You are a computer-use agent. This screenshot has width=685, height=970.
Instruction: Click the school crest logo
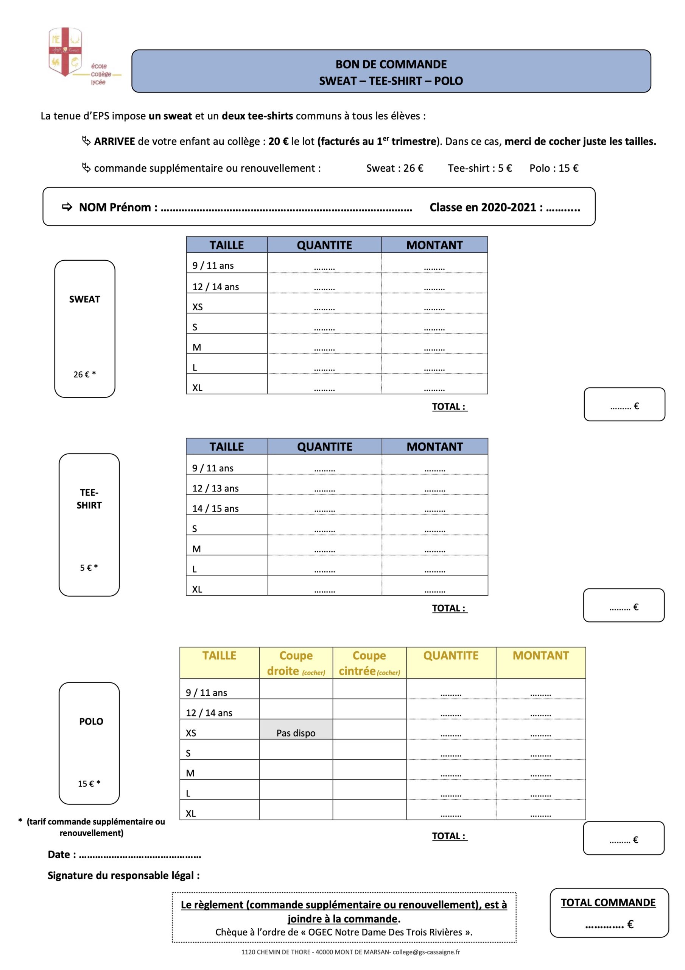click(x=65, y=52)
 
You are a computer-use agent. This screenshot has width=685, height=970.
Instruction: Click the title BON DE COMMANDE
click(x=391, y=64)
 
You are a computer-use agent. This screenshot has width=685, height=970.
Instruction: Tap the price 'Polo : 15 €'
click(x=554, y=168)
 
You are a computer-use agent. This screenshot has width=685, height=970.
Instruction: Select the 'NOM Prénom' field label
click(x=118, y=207)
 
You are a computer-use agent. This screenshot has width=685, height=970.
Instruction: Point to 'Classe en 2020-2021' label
click(x=486, y=207)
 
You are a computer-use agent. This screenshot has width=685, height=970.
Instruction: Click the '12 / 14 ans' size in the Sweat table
click(x=216, y=287)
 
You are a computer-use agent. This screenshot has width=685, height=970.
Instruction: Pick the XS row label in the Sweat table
click(x=198, y=307)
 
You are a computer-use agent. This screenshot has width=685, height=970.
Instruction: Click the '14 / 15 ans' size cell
click(x=215, y=508)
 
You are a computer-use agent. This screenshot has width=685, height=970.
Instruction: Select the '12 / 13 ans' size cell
click(x=215, y=488)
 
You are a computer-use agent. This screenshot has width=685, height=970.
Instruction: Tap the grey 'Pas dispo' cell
click(x=296, y=733)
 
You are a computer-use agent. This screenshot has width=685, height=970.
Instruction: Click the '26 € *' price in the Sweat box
click(x=84, y=374)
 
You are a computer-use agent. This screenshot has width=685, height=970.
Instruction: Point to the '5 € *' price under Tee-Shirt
click(x=89, y=568)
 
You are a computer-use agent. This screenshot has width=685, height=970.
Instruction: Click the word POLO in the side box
click(x=91, y=721)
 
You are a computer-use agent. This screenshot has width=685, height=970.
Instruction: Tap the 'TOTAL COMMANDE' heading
click(x=608, y=903)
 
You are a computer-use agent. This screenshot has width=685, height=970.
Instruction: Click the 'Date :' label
click(x=62, y=855)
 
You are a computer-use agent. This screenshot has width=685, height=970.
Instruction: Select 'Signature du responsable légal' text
click(x=124, y=875)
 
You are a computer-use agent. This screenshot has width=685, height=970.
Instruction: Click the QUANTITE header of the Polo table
click(x=451, y=656)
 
